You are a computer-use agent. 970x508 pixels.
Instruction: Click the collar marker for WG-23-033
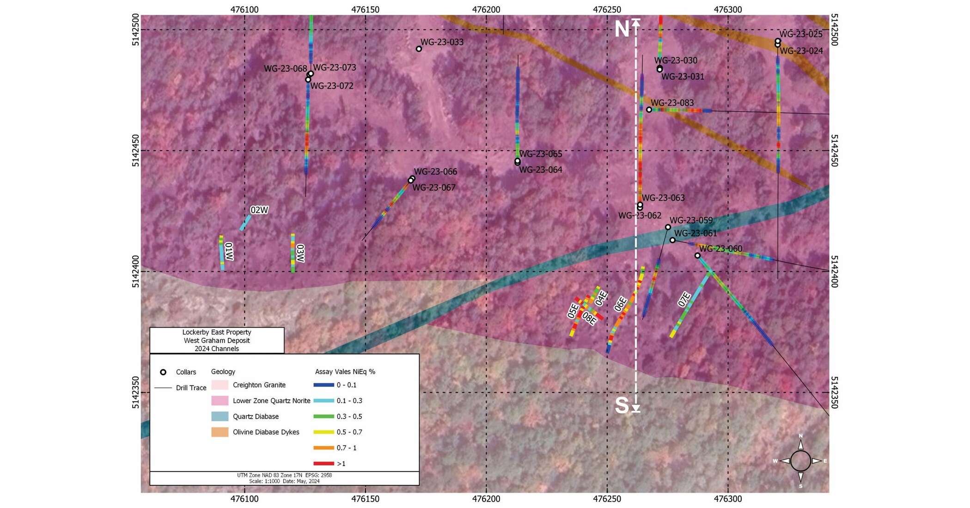[419, 49]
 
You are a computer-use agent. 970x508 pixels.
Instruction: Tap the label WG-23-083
[672, 103]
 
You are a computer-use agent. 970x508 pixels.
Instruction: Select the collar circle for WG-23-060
[697, 256]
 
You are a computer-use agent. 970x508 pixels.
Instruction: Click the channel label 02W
[259, 210]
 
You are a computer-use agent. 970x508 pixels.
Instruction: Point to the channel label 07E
[684, 300]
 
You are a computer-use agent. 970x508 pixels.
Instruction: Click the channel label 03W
[300, 253]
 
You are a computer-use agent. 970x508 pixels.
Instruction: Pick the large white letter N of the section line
[622, 30]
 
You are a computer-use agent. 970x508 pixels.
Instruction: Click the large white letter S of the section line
[622, 405]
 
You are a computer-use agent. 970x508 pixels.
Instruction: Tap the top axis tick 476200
[486, 9]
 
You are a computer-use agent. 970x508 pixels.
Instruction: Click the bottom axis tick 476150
[365, 499]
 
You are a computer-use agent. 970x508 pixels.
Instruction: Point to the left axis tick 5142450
[135, 151]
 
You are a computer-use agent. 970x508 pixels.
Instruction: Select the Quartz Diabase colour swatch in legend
[220, 416]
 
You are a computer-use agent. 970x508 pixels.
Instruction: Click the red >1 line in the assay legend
[323, 463]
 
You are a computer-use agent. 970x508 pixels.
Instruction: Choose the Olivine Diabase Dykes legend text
[266, 432]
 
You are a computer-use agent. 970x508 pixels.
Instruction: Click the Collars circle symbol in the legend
[163, 372]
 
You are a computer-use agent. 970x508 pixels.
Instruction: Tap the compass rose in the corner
[800, 461]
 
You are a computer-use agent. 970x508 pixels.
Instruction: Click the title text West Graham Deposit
[217, 341]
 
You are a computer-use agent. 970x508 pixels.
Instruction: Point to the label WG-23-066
[435, 172]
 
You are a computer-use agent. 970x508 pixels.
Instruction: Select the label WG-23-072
[332, 86]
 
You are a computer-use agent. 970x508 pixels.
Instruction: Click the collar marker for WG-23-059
[668, 227]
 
